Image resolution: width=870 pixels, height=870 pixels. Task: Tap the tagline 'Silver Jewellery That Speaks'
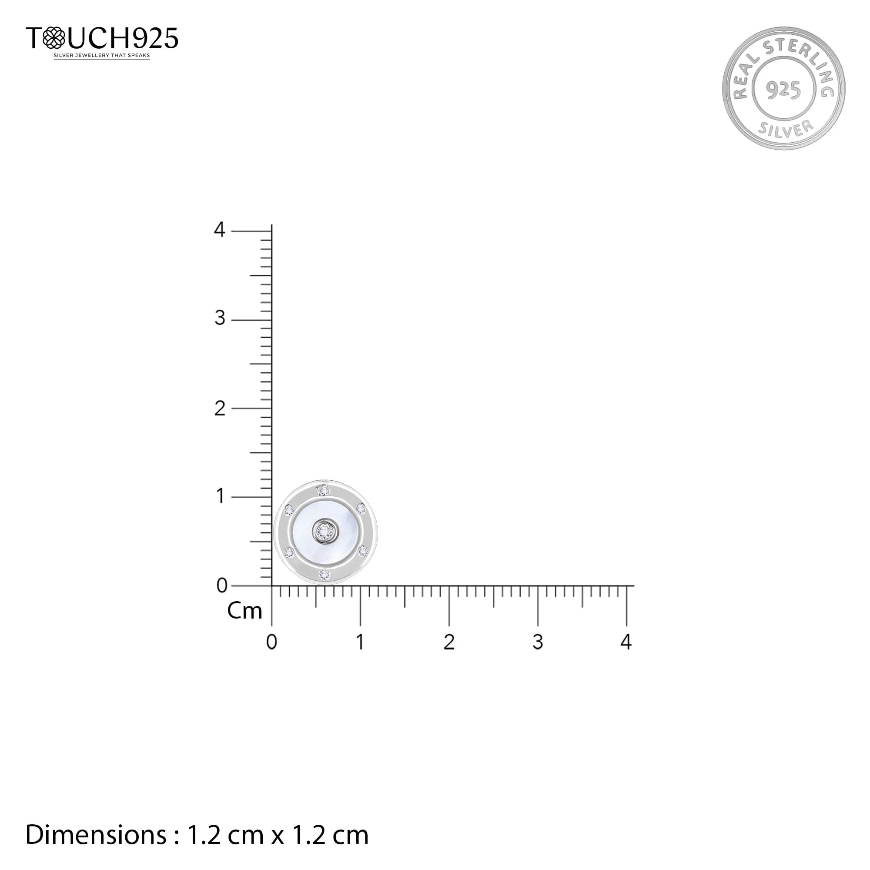(102, 55)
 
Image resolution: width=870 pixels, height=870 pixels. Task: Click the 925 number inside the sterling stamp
(783, 90)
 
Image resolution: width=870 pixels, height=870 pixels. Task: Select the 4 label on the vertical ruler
(219, 230)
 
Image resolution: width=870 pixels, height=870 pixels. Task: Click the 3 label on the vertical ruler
(219, 318)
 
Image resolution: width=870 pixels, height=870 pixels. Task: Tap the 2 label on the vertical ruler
(219, 408)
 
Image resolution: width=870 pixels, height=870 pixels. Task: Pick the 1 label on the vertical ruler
(220, 496)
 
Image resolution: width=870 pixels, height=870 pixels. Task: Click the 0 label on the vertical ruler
(221, 586)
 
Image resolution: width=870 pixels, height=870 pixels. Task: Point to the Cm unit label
(244, 611)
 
